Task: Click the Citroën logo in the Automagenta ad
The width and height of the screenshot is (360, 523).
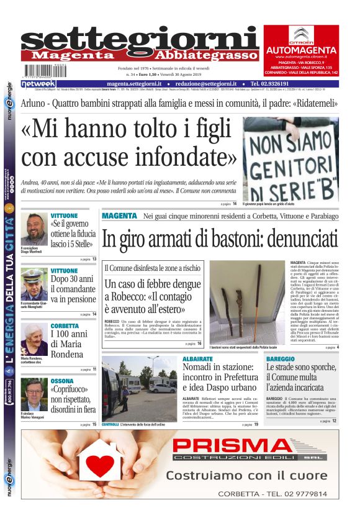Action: (x=302, y=34)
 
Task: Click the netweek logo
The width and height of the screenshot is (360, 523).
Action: (x=39, y=84)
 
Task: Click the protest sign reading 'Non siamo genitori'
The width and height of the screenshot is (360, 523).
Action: (x=290, y=158)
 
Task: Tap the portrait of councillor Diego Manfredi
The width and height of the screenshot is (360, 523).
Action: (x=34, y=228)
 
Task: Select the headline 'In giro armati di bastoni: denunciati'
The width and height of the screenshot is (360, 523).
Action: (x=220, y=239)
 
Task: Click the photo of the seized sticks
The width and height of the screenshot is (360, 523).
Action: (x=246, y=302)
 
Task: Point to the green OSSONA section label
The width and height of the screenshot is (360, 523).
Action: (x=62, y=381)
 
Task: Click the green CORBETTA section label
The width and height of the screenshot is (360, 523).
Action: (x=65, y=326)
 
